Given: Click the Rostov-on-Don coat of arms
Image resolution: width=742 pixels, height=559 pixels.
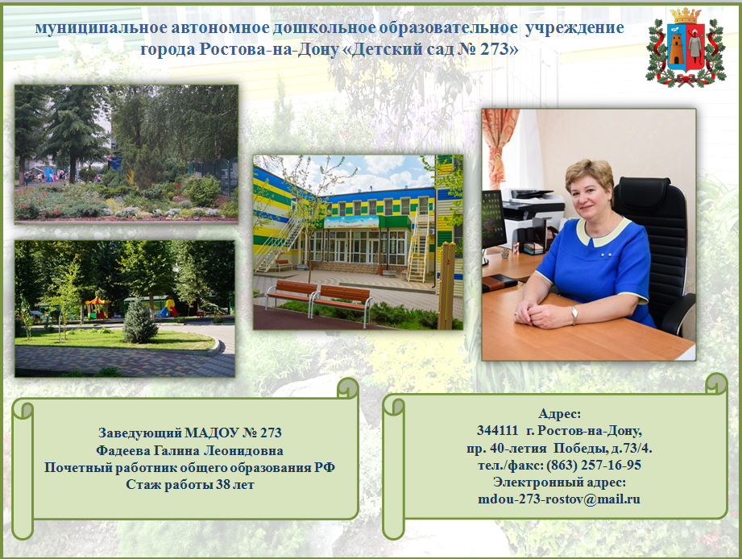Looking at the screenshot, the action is pos(686,48).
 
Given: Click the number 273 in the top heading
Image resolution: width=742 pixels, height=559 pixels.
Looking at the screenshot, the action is pos(494,48).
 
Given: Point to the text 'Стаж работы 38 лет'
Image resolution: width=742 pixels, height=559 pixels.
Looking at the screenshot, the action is pos(190,485).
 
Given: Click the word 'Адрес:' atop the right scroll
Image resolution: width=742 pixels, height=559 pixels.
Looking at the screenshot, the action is pos(559,414).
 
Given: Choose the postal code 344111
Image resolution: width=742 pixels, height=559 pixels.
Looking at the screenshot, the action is pos(497,430).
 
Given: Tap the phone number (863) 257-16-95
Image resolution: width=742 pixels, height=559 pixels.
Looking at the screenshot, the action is pos(594,465).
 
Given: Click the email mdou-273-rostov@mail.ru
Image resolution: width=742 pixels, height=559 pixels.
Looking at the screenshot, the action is pos(559,499).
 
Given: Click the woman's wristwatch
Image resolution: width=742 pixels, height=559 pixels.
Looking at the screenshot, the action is pos(574,313).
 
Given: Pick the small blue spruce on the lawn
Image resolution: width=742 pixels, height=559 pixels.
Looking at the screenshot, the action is pos(139,321).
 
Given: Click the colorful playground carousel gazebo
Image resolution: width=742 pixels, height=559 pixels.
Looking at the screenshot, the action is pos(97,308).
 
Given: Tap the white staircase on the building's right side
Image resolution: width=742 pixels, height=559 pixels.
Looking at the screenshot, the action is pos(418,249).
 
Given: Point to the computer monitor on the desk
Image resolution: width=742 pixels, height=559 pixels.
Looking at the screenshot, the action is pos(492,220).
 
